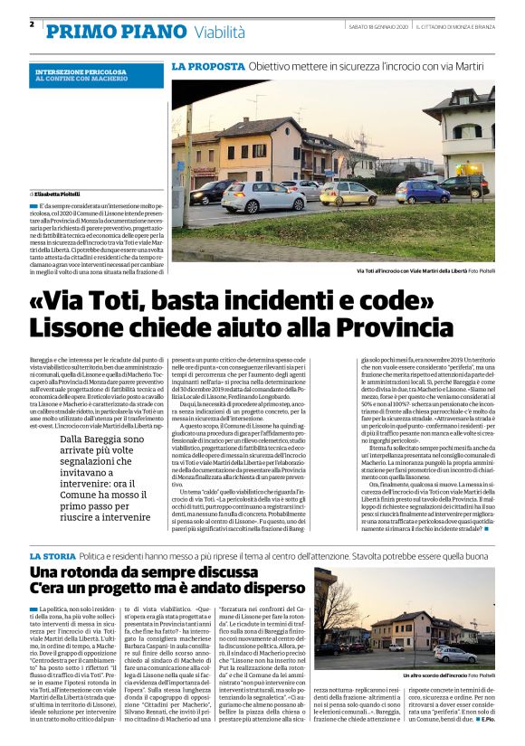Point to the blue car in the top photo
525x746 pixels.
coord(422,192)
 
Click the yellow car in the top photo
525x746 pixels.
coord(348,193)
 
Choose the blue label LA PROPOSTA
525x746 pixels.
coord(207,66)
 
